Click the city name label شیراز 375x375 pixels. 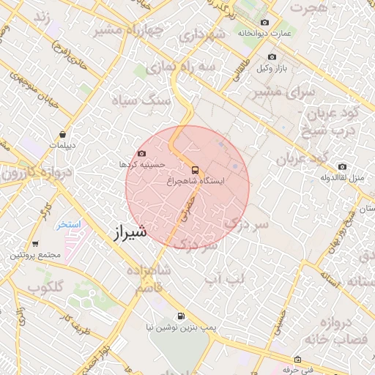pos(130,232)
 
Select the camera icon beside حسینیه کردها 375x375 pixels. pos(141,154)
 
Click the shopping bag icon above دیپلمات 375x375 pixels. pos(64,135)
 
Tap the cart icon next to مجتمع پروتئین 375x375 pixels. pos(35,244)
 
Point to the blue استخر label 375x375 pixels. pos(69,224)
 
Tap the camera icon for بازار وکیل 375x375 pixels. pos(272,57)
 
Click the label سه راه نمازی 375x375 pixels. pos(181,67)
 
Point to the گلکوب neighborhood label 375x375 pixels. pos(45,287)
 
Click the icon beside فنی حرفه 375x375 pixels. pos(297,360)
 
